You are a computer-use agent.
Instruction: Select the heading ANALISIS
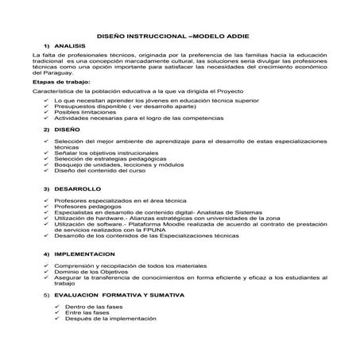[x=69, y=46]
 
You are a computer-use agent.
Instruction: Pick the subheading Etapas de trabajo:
[x=60, y=80]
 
